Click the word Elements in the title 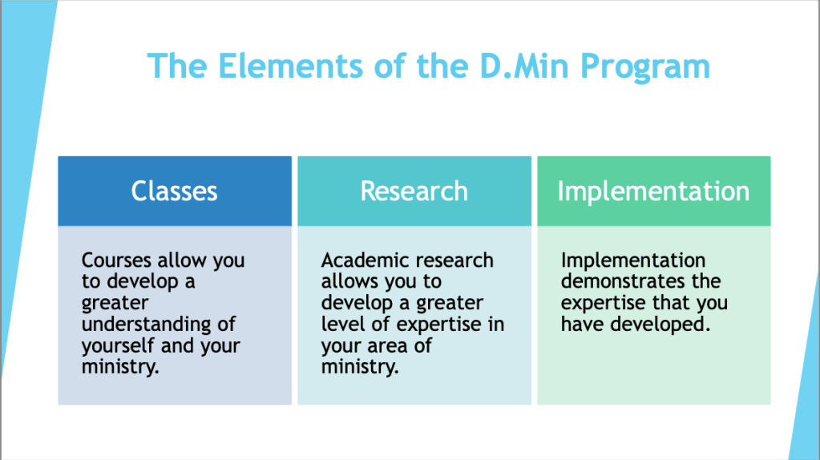[290, 66]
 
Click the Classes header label [174, 191]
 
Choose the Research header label [414, 191]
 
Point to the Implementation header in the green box [653, 192]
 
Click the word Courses [116, 260]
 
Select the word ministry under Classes [120, 367]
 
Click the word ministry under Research [360, 367]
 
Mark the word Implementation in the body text [633, 260]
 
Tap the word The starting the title [177, 66]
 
